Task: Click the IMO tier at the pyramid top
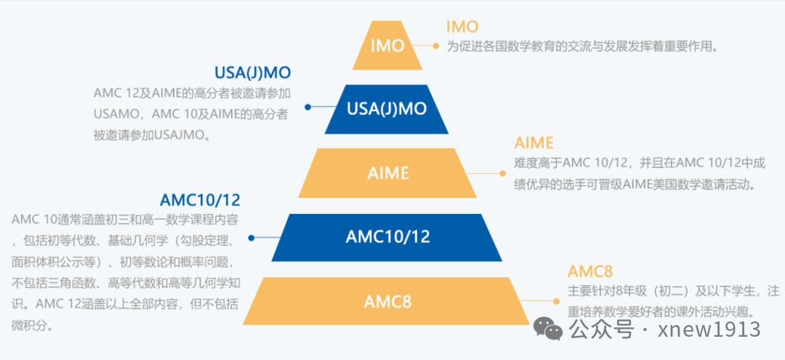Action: coord(387,46)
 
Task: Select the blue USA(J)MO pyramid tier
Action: coord(387,109)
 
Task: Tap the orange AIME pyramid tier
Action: coord(387,174)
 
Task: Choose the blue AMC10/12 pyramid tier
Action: coord(387,237)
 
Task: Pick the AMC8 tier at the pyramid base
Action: coord(387,300)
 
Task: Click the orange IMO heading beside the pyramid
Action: coord(462,27)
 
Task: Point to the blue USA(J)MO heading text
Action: coord(252,73)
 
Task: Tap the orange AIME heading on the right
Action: coord(534,143)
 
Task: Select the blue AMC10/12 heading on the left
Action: coord(200,199)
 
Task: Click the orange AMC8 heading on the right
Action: coord(590,271)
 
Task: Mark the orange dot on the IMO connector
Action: coord(436,46)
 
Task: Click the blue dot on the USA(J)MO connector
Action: coord(307,107)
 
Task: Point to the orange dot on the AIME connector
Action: coord(501,174)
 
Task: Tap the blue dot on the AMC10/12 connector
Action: coord(251,238)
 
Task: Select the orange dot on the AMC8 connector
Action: coord(557,300)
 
